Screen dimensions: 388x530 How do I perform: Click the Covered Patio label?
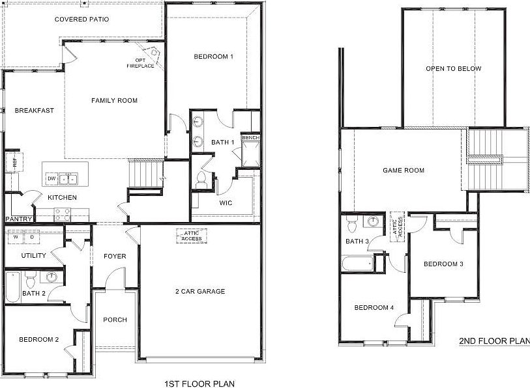coord(81,20)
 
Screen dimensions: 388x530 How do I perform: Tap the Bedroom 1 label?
coord(214,57)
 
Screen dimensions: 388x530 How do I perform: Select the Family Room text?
coord(114,100)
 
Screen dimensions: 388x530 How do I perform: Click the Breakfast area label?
coord(34,111)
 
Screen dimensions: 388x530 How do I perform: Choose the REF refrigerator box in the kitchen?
coord(12,161)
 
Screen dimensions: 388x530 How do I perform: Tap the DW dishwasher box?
coord(51,178)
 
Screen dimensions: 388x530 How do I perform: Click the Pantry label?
coord(18,219)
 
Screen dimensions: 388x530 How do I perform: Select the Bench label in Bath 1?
coord(250,138)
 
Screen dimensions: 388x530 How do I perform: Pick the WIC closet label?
coord(226,202)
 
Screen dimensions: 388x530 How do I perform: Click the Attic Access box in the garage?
coord(192,236)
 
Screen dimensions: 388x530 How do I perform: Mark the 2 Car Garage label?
coord(200,291)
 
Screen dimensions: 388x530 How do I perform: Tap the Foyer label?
coord(115,256)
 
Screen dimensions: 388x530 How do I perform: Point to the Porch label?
coord(115,320)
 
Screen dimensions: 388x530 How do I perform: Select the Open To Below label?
coord(453,69)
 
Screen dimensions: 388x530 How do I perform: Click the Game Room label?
coord(403,171)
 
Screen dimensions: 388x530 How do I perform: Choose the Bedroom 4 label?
coord(374,308)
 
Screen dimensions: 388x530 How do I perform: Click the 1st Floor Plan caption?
coord(200,383)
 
